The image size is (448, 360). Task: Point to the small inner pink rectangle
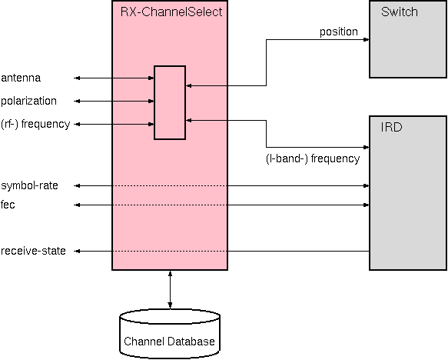pyautogui.click(x=170, y=102)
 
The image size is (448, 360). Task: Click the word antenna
pyautogui.click(x=21, y=78)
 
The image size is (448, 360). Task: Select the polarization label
pyautogui.click(x=28, y=101)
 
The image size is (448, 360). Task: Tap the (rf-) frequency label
pyautogui.click(x=35, y=124)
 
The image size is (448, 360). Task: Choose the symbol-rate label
pyautogui.click(x=29, y=185)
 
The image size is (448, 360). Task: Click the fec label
pyautogui.click(x=8, y=205)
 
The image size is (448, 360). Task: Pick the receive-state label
pyautogui.click(x=33, y=251)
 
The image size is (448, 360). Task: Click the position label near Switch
pyautogui.click(x=339, y=32)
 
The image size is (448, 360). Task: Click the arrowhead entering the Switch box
pyautogui.click(x=366, y=40)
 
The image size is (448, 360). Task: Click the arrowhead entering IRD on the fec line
pyautogui.click(x=366, y=205)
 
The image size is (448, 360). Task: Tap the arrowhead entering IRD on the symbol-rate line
pyautogui.click(x=366, y=185)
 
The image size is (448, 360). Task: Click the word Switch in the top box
pyautogui.click(x=399, y=12)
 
